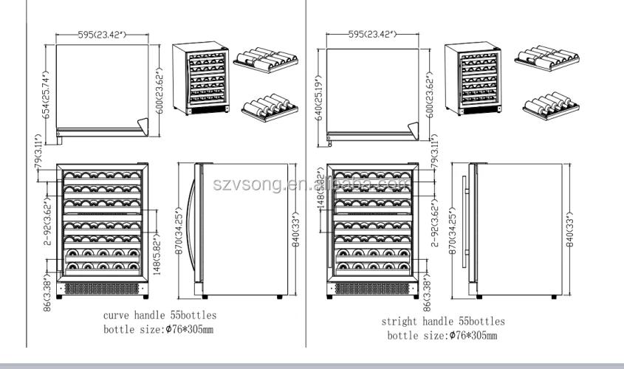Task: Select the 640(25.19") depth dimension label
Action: click(319, 97)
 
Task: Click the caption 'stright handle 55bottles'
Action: click(442, 322)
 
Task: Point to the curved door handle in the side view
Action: click(192, 221)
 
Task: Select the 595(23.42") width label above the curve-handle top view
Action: click(100, 33)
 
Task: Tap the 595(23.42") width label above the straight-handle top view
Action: click(372, 33)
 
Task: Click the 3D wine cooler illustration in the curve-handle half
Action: click(200, 79)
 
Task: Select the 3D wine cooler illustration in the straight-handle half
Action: click(473, 79)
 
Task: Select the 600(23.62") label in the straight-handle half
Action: click(431, 93)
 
